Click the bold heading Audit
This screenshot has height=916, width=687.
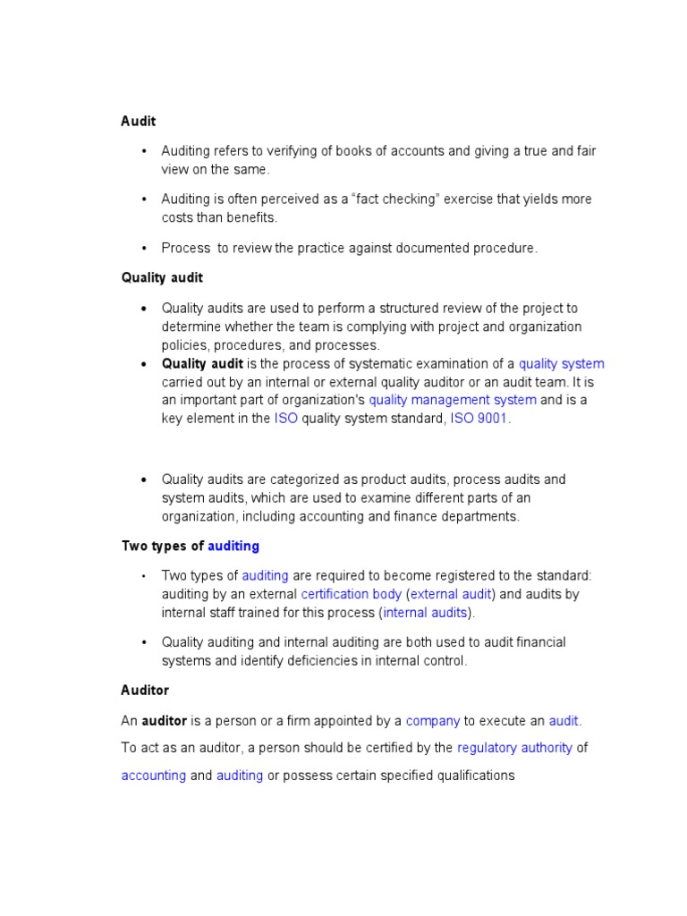pyautogui.click(x=139, y=121)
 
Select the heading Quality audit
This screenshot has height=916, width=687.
pyautogui.click(x=162, y=278)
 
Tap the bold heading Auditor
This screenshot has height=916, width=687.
pyautogui.click(x=145, y=691)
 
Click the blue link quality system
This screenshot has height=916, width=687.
pyautogui.click(x=561, y=364)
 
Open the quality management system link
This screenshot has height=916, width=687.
pyautogui.click(x=453, y=400)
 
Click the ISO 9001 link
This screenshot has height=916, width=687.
pyautogui.click(x=479, y=418)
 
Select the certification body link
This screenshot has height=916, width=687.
pyautogui.click(x=351, y=594)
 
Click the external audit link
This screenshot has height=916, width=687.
pyautogui.click(x=453, y=594)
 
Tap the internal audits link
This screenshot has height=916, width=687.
pyautogui.click(x=425, y=613)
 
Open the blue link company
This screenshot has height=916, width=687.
pyautogui.click(x=432, y=720)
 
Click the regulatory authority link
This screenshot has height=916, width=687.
pyautogui.click(x=514, y=748)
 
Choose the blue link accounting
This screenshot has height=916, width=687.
pyautogui.click(x=153, y=776)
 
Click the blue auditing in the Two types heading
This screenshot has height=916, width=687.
pyautogui.click(x=233, y=546)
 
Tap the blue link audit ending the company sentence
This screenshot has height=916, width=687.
pyautogui.click(x=564, y=720)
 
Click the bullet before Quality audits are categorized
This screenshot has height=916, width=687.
pyautogui.click(x=143, y=479)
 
